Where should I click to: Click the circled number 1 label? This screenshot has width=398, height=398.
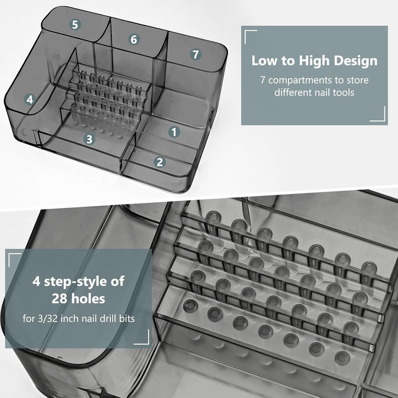click(174, 132)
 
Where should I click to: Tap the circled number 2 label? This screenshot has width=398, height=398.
click(160, 161)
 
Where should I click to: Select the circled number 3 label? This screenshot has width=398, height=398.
click(89, 139)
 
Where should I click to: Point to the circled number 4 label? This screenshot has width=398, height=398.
click(30, 99)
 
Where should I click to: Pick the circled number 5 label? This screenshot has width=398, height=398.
click(75, 24)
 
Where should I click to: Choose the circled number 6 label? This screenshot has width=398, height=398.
click(134, 39)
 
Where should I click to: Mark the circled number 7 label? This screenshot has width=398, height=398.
click(195, 54)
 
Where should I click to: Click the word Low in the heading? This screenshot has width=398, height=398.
click(264, 61)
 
